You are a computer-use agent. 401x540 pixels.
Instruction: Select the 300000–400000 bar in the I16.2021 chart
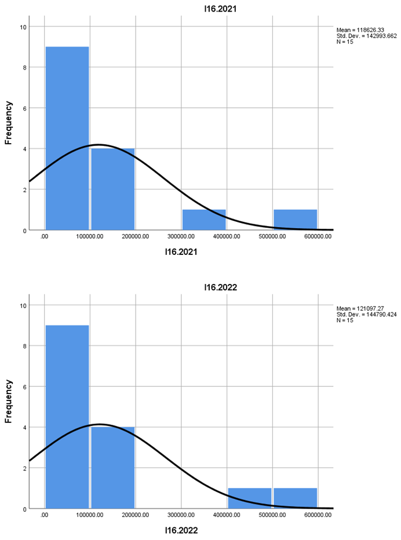204,220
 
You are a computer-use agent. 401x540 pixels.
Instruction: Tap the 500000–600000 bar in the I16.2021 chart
295,220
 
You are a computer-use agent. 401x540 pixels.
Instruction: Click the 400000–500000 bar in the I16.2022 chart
250,498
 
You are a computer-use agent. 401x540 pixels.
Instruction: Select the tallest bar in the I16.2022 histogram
67,417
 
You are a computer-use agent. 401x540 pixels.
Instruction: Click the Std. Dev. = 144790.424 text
366,314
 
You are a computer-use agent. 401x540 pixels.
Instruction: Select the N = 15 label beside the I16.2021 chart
345,42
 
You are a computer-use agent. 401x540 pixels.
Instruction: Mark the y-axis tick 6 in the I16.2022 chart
23,386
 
